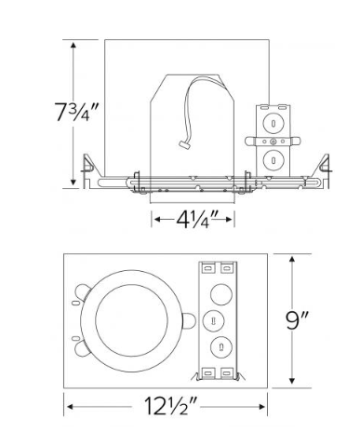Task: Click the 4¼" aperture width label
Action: coord(192,220)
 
